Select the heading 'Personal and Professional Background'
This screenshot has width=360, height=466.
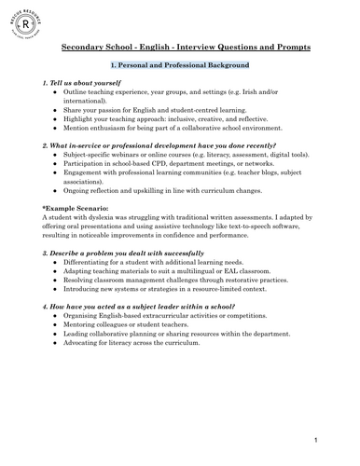[x=180, y=66]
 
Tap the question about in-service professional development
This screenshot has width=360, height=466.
[x=150, y=145]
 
